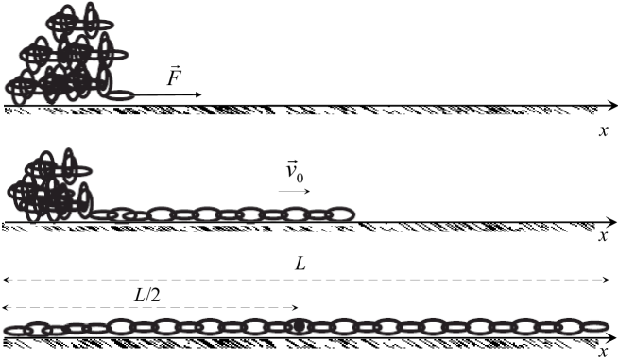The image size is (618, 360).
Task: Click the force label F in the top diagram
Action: (x=174, y=77)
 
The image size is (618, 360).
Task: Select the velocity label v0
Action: (x=297, y=173)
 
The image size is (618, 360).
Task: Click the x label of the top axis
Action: (x=603, y=130)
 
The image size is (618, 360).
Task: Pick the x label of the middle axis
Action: (x=603, y=236)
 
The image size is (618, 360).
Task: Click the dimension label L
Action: (x=300, y=266)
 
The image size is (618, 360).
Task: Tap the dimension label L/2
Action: (x=146, y=294)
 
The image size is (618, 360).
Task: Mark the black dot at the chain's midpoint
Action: (x=299, y=326)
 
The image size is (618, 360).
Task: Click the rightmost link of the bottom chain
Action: (x=594, y=327)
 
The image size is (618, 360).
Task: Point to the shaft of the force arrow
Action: (x=165, y=95)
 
